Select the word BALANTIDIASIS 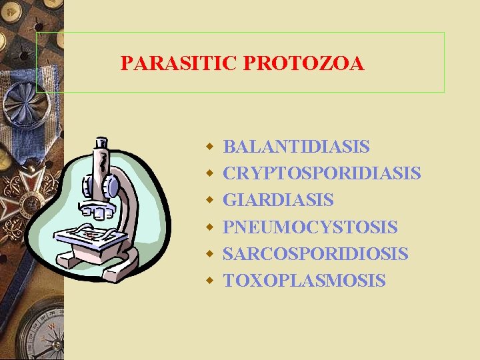296,147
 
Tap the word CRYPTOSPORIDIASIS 321,173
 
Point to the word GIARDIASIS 278,200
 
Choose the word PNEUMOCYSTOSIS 310,227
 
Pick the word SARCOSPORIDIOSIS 315,254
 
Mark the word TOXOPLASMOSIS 304,281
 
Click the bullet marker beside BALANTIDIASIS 209,146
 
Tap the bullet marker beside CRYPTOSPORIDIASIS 209,173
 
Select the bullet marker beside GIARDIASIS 209,199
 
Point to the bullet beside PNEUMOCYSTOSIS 209,227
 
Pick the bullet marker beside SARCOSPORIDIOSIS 209,253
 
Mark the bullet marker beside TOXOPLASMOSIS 209,280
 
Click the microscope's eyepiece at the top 101,143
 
